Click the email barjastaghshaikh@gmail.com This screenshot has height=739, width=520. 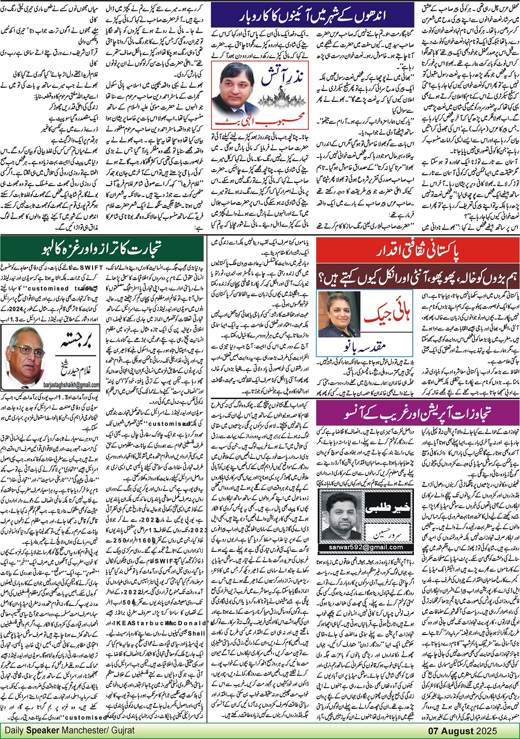pyautogui.click(x=48, y=385)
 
